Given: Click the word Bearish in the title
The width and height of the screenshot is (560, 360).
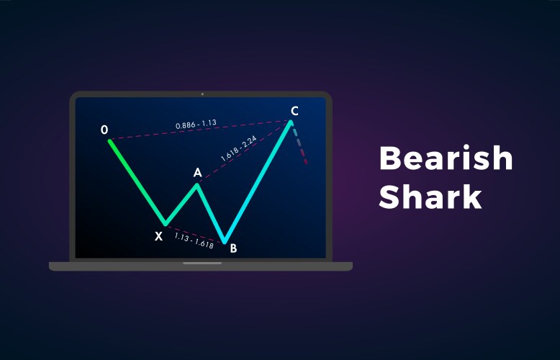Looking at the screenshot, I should (446, 159).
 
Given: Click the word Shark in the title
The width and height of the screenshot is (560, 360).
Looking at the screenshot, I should (430, 196).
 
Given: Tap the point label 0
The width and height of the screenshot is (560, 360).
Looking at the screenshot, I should (104, 130).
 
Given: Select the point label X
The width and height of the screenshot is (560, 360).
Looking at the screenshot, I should (158, 235).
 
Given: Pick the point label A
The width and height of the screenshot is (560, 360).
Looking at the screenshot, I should (197, 173).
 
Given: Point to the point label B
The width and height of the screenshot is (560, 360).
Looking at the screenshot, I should (232, 248).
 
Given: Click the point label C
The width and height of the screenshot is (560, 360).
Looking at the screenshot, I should (294, 111).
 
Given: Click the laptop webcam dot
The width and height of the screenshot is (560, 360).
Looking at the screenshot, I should (202, 94).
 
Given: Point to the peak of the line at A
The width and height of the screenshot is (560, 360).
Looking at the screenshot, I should (198, 184).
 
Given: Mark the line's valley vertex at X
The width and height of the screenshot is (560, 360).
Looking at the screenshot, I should (165, 224).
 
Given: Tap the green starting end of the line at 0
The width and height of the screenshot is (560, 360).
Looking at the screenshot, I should (110, 141).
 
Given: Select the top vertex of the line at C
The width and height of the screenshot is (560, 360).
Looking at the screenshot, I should (291, 122).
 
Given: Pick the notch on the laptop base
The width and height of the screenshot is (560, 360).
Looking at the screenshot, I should (202, 263).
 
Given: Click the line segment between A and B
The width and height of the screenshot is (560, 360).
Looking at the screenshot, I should (211, 213).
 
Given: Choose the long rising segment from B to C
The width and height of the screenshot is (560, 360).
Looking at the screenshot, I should (258, 181).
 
